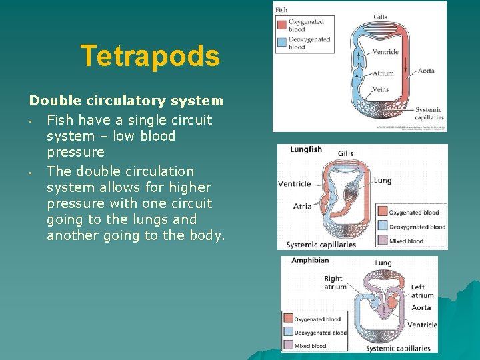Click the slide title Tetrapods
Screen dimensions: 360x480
tap(150, 57)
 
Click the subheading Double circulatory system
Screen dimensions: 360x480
tap(126, 101)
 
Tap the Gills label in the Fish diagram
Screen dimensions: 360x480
tap(380, 17)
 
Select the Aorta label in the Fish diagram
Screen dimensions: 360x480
tap(426, 71)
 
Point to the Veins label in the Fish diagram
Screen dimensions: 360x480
tap(380, 89)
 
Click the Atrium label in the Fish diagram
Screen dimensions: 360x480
tap(383, 73)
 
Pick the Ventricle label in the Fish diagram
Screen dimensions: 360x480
tap(385, 52)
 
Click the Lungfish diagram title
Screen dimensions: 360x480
tap(306, 149)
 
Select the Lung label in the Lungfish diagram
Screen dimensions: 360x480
tap(383, 180)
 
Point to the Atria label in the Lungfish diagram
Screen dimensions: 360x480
tap(302, 206)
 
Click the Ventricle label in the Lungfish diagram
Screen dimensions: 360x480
tap(294, 184)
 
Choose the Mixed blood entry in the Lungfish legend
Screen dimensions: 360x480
tap(406, 241)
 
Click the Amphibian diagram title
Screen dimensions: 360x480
tap(310, 261)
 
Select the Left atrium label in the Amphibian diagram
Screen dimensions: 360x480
tap(422, 291)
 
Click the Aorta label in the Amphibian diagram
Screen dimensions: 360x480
tap(421, 308)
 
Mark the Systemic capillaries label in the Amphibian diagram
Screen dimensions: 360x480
tap(399, 348)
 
